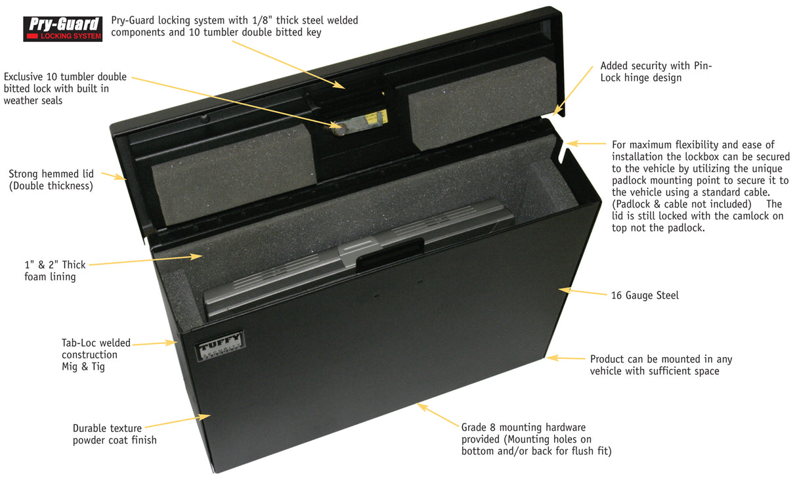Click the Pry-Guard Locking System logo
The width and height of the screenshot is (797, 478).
[x=63, y=29]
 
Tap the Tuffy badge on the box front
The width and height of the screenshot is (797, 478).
[x=221, y=345]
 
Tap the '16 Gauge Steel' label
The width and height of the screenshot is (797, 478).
[x=645, y=295]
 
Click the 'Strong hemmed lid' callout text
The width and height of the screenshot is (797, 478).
[x=51, y=180]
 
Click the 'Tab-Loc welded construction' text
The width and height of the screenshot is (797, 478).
[x=96, y=355]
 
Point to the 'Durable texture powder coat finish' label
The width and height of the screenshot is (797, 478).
[x=115, y=434]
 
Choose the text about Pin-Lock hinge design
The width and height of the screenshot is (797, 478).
[x=655, y=72]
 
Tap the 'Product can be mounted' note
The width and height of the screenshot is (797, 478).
[x=660, y=365]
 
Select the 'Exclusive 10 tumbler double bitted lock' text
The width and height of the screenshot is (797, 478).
[x=65, y=89]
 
